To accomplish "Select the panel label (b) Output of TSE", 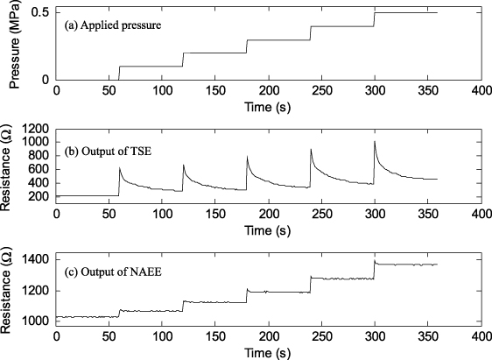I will (x=109, y=154).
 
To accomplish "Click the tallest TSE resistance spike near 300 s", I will (x=374, y=141).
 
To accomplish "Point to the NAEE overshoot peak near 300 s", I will (x=375, y=260).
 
